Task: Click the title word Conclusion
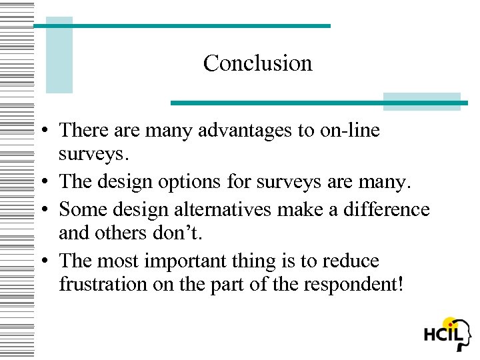257,63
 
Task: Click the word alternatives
221,209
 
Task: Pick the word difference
387,209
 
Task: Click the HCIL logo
448,335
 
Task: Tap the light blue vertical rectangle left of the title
59,55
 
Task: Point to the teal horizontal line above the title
182,26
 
